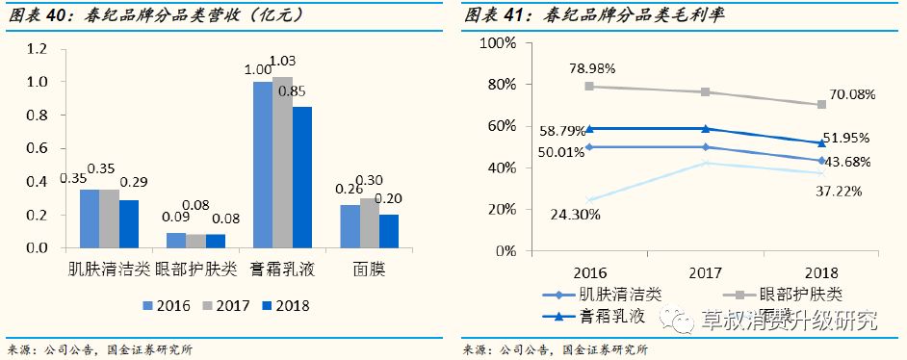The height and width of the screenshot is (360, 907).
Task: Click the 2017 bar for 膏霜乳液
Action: point(282,163)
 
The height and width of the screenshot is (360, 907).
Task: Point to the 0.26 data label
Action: point(350,189)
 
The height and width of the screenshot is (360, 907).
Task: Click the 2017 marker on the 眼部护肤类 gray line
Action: point(706,92)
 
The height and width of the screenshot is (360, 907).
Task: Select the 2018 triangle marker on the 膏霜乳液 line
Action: point(820,143)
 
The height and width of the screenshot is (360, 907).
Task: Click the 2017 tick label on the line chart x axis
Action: point(706,270)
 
